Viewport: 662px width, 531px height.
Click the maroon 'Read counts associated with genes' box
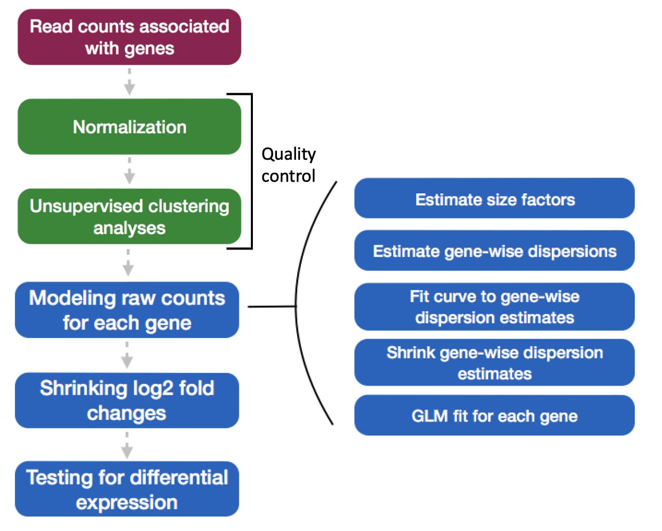coord(129,37)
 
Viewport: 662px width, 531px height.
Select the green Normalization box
coord(129,127)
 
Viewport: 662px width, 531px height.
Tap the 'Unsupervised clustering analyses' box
coord(129,216)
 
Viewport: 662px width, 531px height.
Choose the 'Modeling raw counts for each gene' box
coord(127,310)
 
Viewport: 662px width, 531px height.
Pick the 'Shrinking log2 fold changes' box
coord(127,400)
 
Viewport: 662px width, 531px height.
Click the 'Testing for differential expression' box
coord(127,489)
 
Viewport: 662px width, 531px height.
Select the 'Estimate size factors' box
coord(494,198)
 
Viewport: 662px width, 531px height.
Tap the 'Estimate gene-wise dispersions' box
coord(494,250)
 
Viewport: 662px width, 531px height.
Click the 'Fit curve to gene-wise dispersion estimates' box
coord(494,307)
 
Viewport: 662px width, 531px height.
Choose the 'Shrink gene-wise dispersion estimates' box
coord(494,363)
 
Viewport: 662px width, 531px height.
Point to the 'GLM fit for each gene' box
coord(494,415)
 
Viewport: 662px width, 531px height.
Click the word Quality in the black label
coord(288,154)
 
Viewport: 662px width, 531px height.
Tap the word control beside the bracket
coord(288,176)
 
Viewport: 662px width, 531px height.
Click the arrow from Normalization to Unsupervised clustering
coord(129,172)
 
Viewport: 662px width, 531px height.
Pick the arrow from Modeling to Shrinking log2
coord(127,356)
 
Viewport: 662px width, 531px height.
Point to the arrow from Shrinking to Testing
coord(127,446)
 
